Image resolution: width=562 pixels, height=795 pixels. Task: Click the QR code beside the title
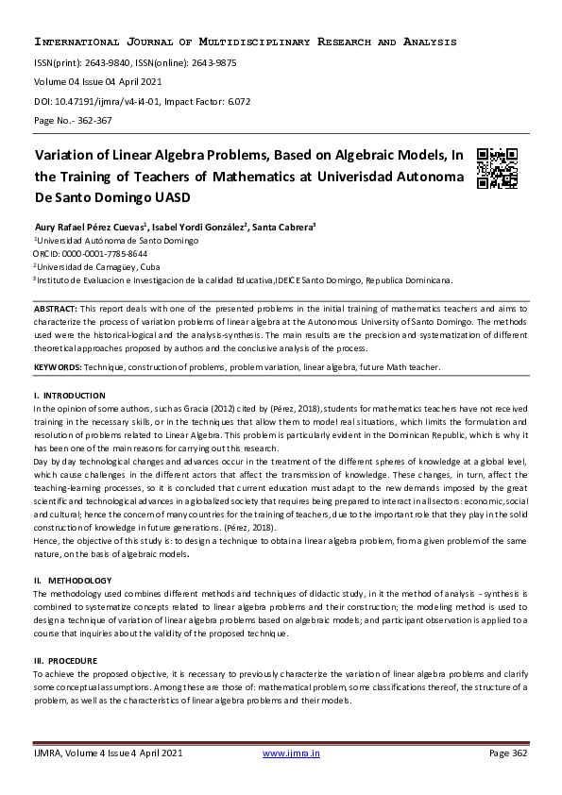(497, 168)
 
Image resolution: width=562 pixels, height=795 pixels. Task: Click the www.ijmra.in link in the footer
(291, 753)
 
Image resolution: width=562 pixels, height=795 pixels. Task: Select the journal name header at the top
(245, 42)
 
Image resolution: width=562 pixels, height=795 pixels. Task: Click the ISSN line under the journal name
(135, 63)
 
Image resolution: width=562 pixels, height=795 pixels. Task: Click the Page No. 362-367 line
(74, 121)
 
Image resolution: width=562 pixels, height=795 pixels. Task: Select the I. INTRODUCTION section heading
(70, 395)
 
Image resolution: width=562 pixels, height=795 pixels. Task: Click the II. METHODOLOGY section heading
(73, 580)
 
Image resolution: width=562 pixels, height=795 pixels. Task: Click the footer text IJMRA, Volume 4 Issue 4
(107, 753)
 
